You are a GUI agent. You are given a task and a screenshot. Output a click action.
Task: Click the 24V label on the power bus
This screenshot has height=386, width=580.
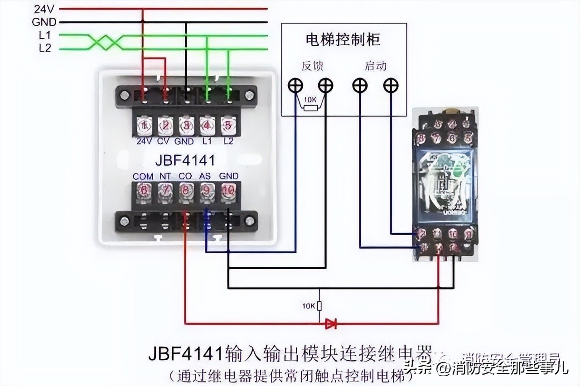44,9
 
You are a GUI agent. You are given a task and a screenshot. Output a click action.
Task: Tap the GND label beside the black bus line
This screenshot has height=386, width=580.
44,22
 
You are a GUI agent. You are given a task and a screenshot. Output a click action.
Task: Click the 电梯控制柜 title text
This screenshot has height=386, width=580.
343,39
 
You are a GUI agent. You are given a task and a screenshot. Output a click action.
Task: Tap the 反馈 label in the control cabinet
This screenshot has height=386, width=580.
313,66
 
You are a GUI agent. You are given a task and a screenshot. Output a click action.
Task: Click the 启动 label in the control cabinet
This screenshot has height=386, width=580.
376,66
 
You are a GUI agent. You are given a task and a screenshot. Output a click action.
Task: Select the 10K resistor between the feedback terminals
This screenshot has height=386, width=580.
310,108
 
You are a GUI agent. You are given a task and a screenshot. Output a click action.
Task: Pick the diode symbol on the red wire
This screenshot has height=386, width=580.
331,323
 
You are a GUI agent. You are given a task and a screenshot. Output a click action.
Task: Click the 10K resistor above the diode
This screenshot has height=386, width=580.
319,306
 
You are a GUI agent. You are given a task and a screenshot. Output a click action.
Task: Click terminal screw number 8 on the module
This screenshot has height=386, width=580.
186,192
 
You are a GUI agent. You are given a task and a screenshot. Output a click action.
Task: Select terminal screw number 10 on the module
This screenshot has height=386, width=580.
228,192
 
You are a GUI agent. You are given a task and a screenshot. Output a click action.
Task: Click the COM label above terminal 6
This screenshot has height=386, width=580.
143,176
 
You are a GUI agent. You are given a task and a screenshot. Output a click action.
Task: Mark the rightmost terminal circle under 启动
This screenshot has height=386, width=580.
391,85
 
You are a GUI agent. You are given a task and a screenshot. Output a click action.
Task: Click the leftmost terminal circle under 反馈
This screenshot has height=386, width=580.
296,85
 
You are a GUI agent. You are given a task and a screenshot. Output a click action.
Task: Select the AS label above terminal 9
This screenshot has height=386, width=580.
205,176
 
